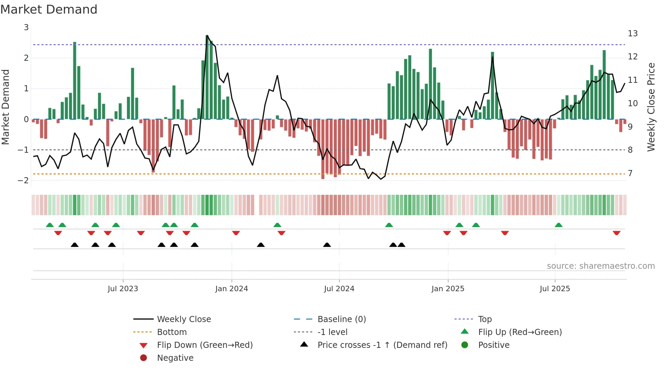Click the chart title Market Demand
pyautogui.click(x=49, y=10)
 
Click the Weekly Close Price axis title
pyautogui.click(x=651, y=107)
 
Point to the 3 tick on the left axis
pyautogui.click(x=26, y=27)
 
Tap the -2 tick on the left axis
pyautogui.click(x=23, y=180)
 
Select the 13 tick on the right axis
pyautogui.click(x=632, y=34)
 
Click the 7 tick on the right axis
pyautogui.click(x=630, y=173)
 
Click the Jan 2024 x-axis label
pyautogui.click(x=231, y=289)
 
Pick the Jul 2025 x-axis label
pyautogui.click(x=555, y=289)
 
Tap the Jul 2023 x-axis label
pyautogui.click(x=123, y=289)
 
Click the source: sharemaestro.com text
pyautogui.click(x=601, y=266)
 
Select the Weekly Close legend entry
pyautogui.click(x=184, y=319)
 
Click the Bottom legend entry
pyautogui.click(x=172, y=332)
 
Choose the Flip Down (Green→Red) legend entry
pyautogui.click(x=205, y=345)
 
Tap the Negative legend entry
pyautogui.click(x=175, y=358)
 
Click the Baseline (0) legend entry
pyautogui.click(x=341, y=319)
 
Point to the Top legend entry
pyautogui.click(x=484, y=319)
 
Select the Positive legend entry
pyautogui.click(x=494, y=345)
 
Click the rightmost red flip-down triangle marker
pyautogui.click(x=616, y=233)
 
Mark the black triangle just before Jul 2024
pyautogui.click(x=327, y=245)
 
